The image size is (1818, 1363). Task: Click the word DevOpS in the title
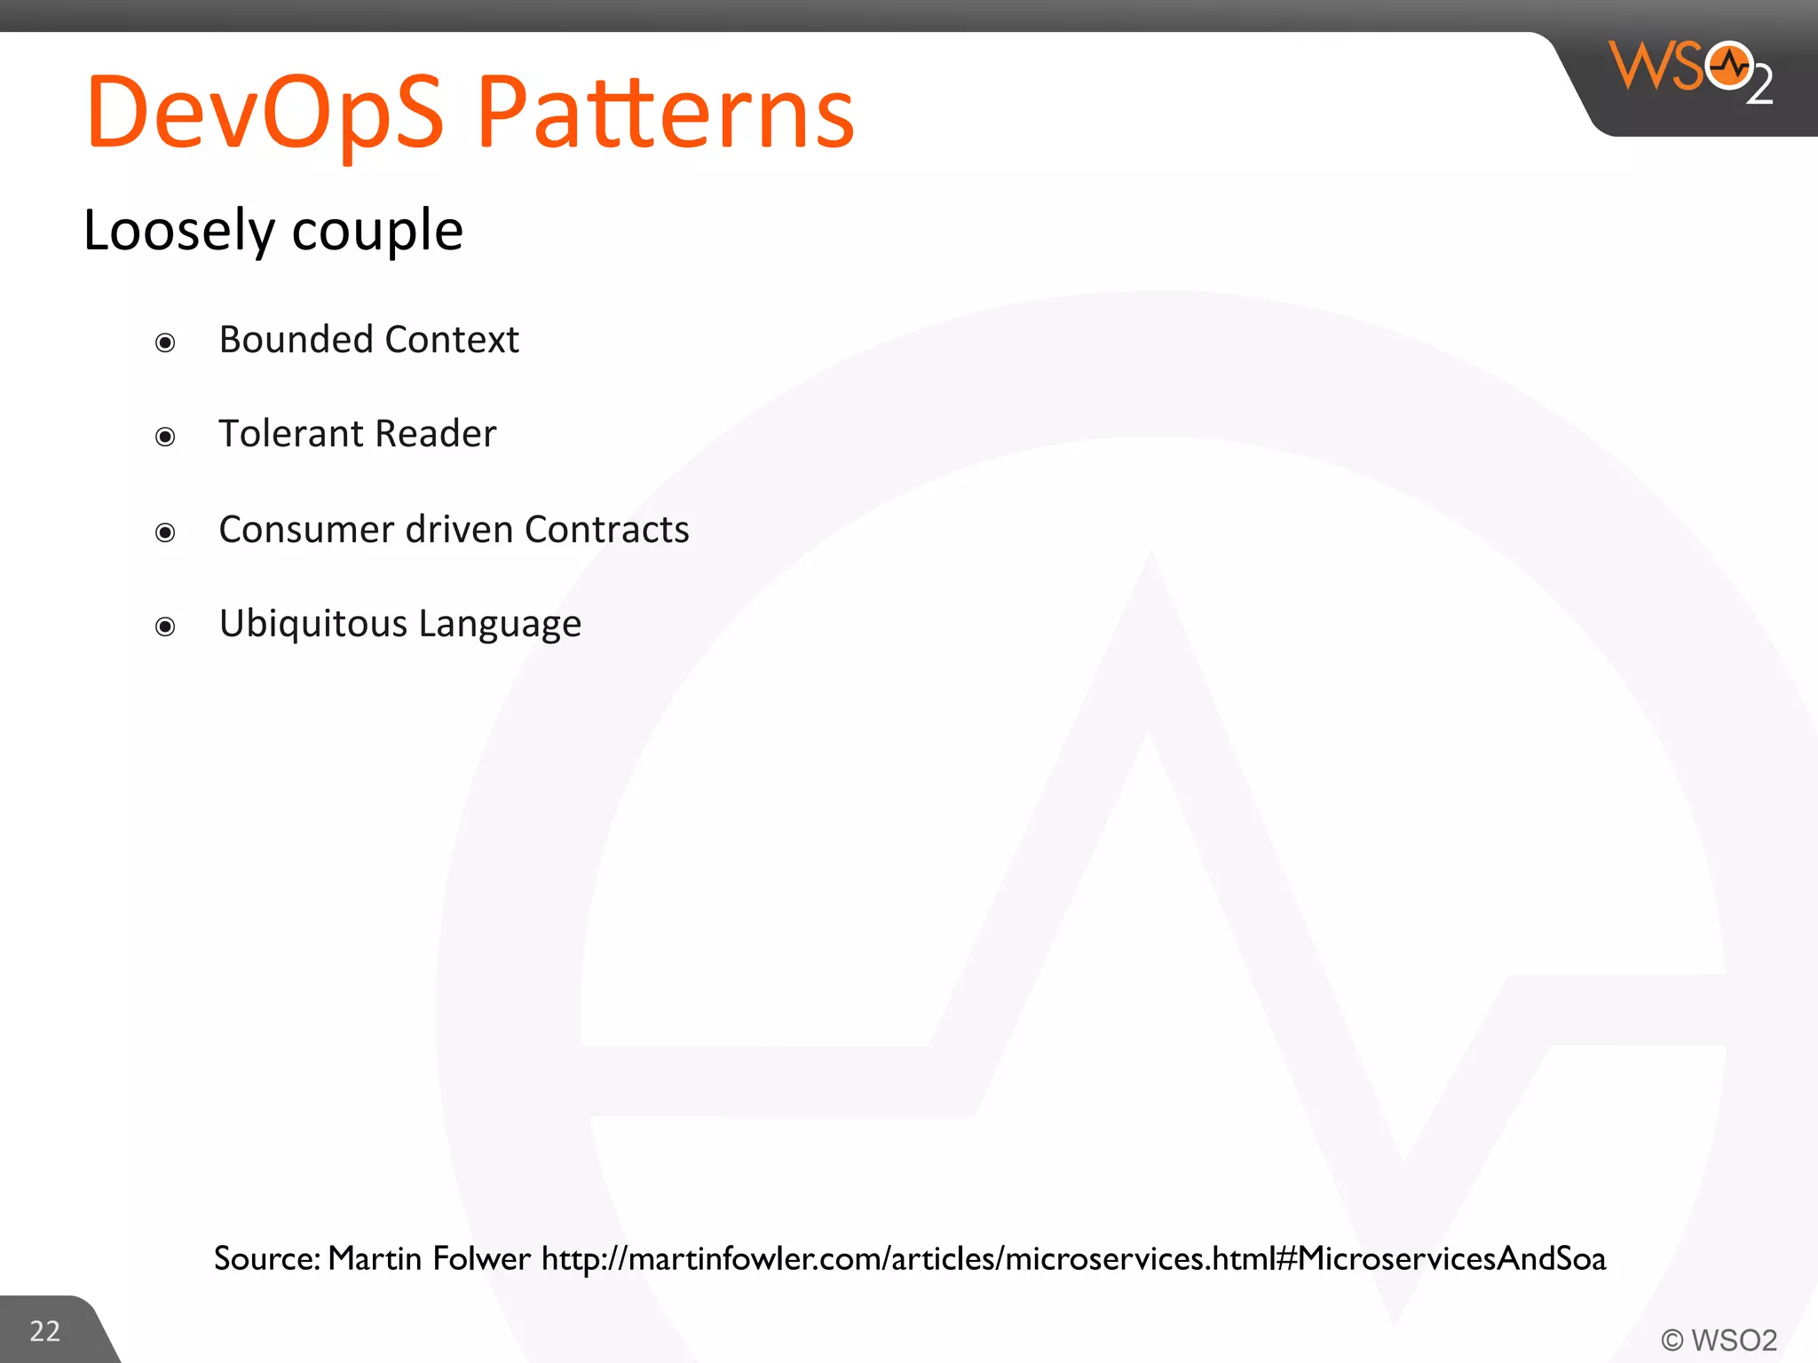[265, 113]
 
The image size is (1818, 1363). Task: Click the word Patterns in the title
[666, 113]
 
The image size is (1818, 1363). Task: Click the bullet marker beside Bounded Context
[165, 343]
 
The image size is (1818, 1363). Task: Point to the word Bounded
[296, 339]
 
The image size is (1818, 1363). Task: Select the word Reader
[435, 434]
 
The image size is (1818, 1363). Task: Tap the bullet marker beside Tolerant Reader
[165, 437]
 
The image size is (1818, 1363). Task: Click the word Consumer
[305, 530]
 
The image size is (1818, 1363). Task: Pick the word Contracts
[606, 530]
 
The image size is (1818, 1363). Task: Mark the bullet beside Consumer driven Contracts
[165, 532]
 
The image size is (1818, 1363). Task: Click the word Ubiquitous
[312, 624]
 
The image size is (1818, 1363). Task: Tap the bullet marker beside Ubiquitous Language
[165, 627]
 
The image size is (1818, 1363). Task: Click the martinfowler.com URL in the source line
[1073, 1258]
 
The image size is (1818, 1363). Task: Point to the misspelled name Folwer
[481, 1258]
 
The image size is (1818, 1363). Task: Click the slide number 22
[45, 1331]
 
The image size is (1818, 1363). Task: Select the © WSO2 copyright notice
[1719, 1340]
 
